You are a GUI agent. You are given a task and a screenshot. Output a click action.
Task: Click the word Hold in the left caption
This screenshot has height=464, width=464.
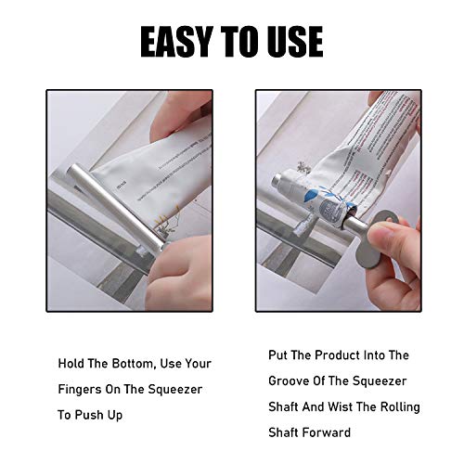71,363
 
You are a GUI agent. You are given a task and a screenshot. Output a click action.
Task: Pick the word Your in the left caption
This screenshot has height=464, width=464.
197,363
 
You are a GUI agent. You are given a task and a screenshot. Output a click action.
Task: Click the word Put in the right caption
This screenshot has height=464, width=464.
269,355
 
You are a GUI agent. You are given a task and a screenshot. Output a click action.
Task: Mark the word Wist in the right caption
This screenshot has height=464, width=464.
337,407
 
